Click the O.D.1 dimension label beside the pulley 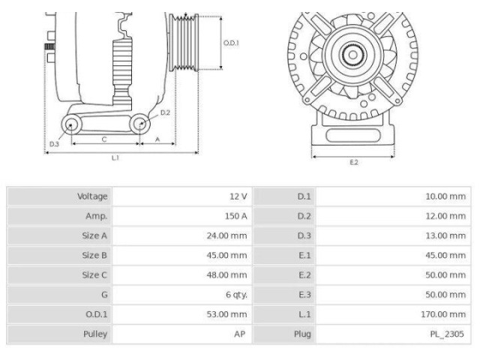[231, 43]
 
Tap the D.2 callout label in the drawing [165, 112]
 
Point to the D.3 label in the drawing [54, 143]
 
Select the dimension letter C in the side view [104, 139]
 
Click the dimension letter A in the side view [157, 139]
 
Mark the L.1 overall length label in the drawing [115, 158]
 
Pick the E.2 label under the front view [354, 163]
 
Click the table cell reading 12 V [238, 196]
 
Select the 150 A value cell [235, 216]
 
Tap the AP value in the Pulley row [239, 334]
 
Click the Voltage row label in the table [92, 196]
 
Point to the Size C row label [94, 275]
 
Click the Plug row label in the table [301, 334]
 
